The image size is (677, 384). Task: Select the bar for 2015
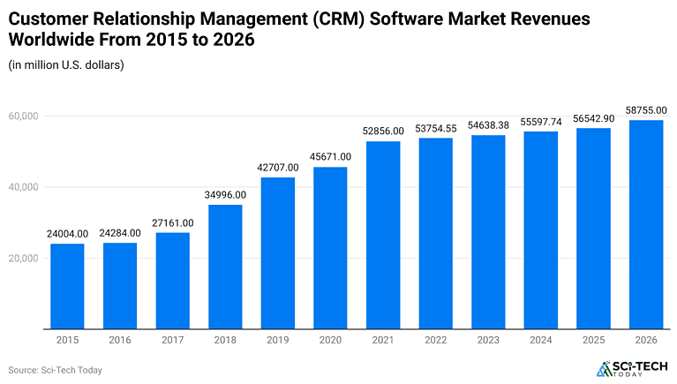pyautogui.click(x=67, y=286)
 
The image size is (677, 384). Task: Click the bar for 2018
pyautogui.click(x=225, y=267)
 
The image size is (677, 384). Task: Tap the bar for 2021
pyautogui.click(x=382, y=235)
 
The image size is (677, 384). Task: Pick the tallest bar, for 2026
pyautogui.click(x=645, y=224)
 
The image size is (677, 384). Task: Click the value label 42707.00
pyautogui.click(x=277, y=167)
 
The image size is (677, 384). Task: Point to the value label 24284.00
pyautogui.click(x=120, y=233)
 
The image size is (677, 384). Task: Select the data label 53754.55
pyautogui.click(x=435, y=128)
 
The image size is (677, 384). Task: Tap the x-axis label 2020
pyautogui.click(x=330, y=340)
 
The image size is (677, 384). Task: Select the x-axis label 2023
pyautogui.click(x=487, y=340)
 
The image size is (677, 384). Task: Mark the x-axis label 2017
pyautogui.click(x=172, y=340)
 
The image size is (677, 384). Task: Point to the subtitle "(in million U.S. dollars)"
pyautogui.click(x=66, y=64)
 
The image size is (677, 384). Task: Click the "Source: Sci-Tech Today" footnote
pyautogui.click(x=55, y=370)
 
